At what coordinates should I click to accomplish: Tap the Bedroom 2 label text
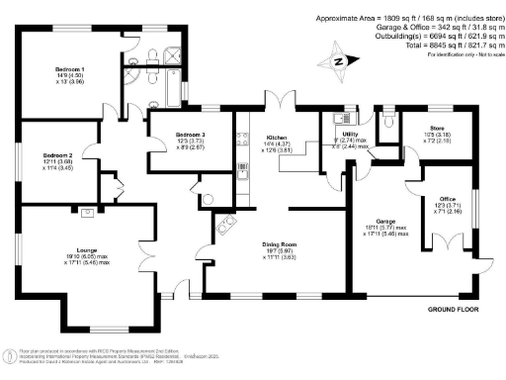[x=57, y=156]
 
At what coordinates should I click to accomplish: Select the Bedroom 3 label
[x=191, y=134]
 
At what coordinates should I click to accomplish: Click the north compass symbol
[x=339, y=59]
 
